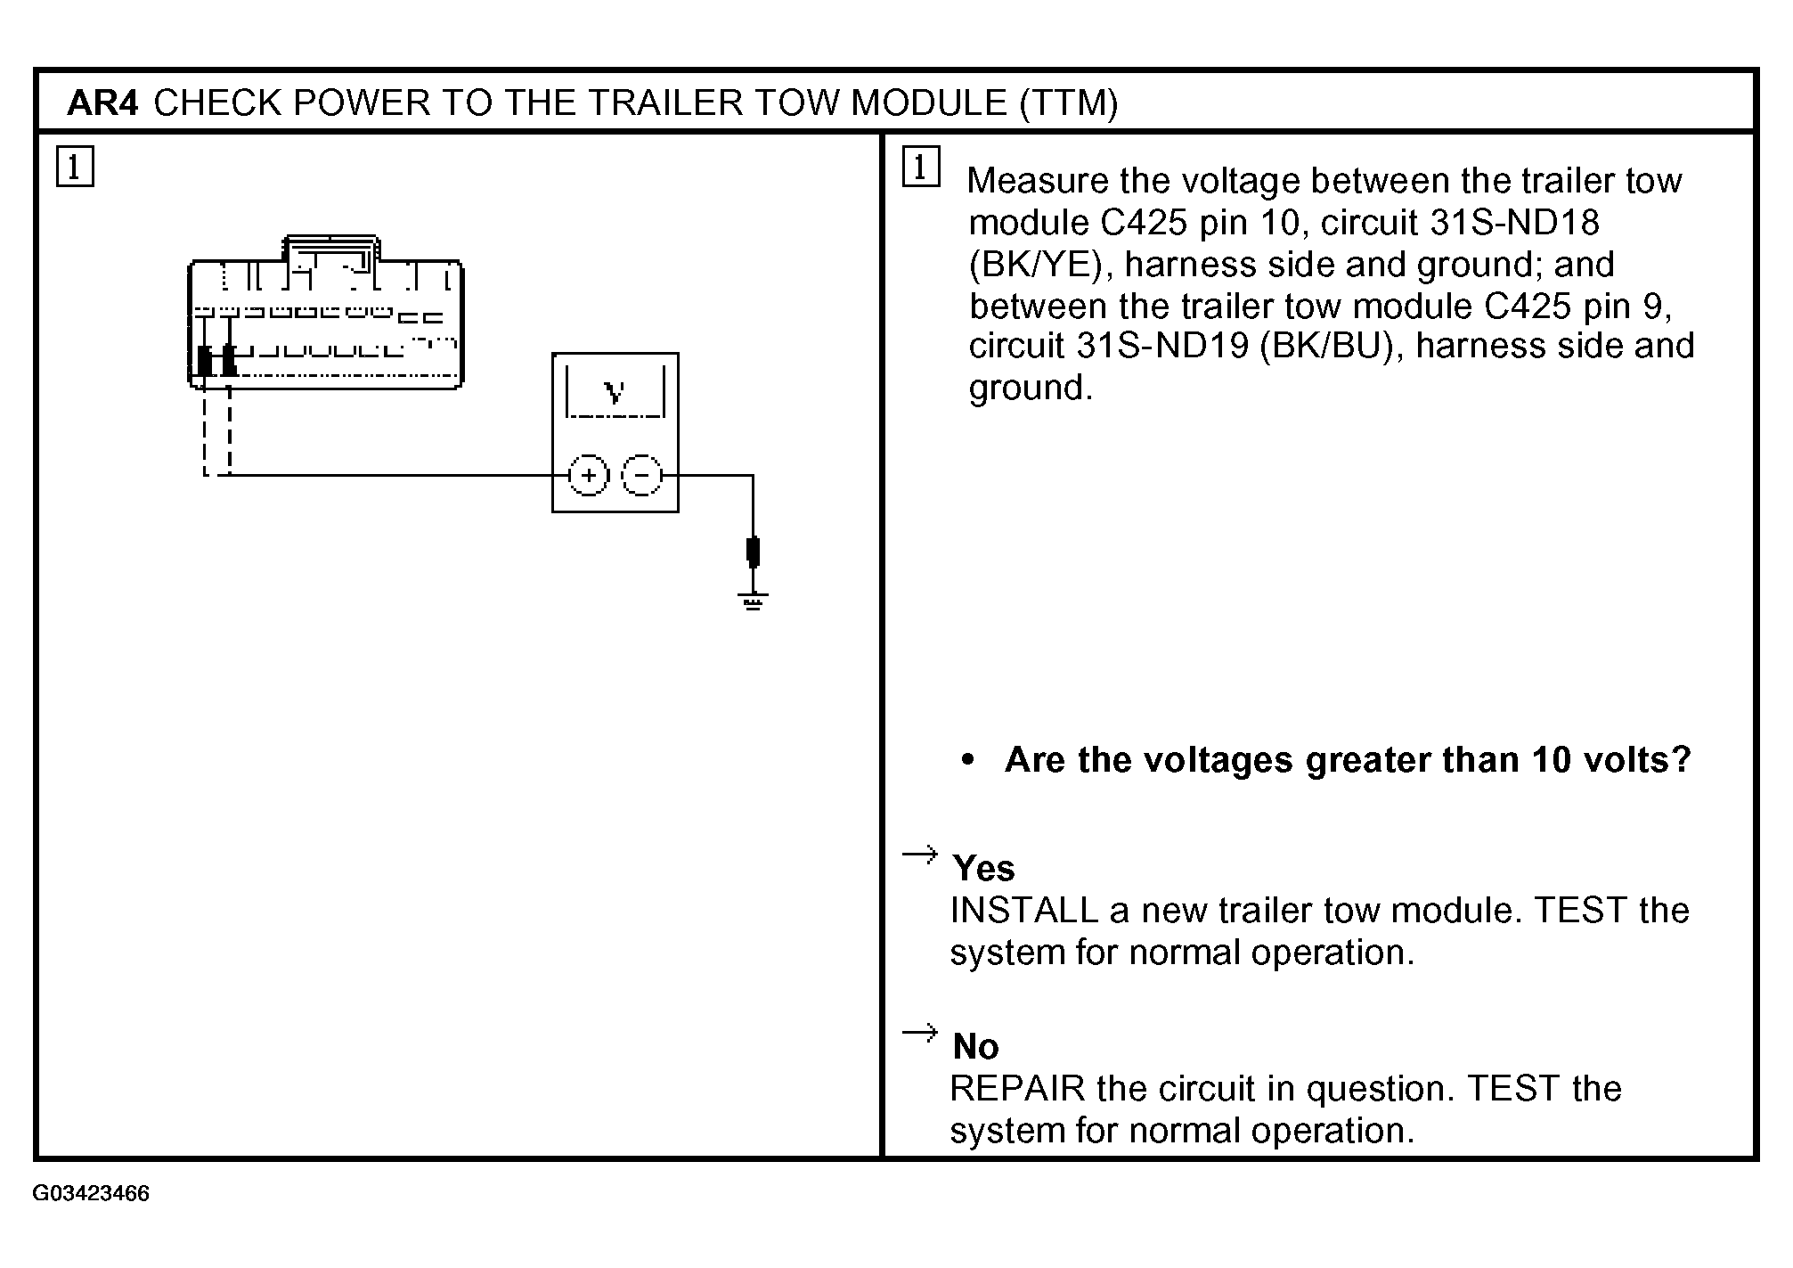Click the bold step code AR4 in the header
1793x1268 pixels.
coord(102,103)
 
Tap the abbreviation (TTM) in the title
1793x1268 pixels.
coord(1068,103)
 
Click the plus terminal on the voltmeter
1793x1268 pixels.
coord(588,475)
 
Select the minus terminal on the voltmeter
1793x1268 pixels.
coord(641,475)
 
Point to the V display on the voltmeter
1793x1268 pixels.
coord(615,391)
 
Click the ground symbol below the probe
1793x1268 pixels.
coord(754,601)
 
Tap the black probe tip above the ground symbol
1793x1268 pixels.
coord(754,552)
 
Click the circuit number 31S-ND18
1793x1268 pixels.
coord(1514,223)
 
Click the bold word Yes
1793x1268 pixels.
coord(983,868)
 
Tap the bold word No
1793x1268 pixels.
coord(975,1046)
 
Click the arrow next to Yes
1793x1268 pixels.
coord(920,855)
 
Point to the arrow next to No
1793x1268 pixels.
coord(920,1033)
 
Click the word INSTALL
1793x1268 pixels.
coord(1024,911)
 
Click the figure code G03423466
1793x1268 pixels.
coord(91,1193)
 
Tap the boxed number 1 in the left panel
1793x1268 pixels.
coord(75,168)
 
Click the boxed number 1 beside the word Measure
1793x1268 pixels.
coord(921,168)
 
